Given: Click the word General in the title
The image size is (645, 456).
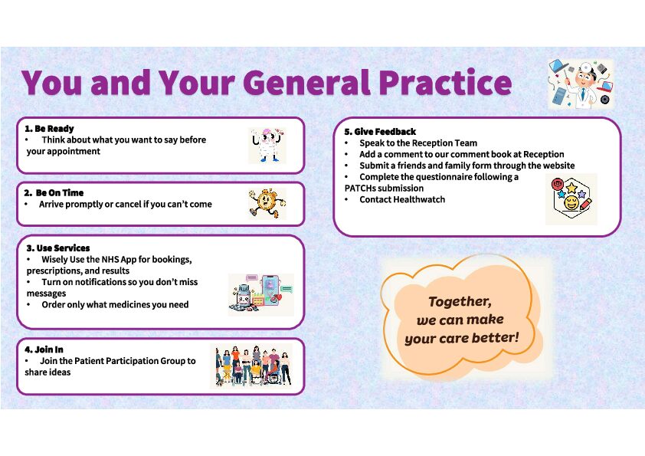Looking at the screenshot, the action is click(x=309, y=82).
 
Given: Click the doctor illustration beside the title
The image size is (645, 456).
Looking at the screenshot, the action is click(x=581, y=84).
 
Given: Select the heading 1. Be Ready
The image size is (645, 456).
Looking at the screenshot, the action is click(x=49, y=129).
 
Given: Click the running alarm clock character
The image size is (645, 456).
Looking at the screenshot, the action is click(x=267, y=203).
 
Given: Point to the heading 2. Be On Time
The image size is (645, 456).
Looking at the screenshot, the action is click(x=54, y=192).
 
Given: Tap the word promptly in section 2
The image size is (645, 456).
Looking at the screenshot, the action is click(x=86, y=205).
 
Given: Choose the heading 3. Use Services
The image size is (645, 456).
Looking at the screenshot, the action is click(x=58, y=248).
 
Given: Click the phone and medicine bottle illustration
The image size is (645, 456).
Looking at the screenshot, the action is click(x=261, y=294).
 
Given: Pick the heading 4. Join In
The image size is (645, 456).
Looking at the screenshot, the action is click(x=44, y=349).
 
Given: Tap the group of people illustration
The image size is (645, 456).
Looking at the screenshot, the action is click(x=251, y=366).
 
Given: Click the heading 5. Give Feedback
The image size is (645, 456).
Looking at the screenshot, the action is click(x=380, y=132).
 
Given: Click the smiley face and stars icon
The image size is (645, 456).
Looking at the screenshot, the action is click(x=571, y=199).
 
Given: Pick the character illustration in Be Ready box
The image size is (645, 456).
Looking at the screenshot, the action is click(x=267, y=146).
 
